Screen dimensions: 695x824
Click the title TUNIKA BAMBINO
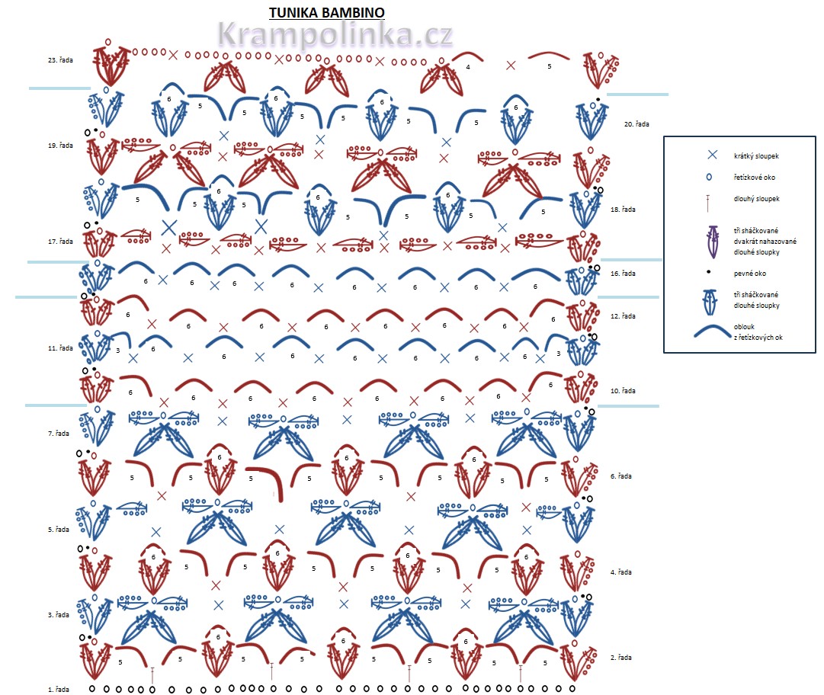[326, 13]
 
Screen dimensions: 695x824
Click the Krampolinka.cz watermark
[335, 35]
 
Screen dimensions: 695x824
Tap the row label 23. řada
[59, 59]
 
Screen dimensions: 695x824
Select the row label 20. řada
[636, 123]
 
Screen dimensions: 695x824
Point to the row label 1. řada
[59, 690]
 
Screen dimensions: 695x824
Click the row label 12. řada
[623, 315]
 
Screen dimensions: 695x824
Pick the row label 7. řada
[59, 434]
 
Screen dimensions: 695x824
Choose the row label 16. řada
[623, 273]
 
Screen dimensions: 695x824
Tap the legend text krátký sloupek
[755, 155]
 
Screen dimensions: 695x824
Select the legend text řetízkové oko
[755, 177]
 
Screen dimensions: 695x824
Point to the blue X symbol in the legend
[712, 155]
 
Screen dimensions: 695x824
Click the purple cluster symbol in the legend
[713, 242]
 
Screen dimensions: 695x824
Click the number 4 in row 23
[468, 67]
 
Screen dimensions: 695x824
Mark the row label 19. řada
[59, 145]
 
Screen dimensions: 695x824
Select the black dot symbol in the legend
[709, 272]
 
